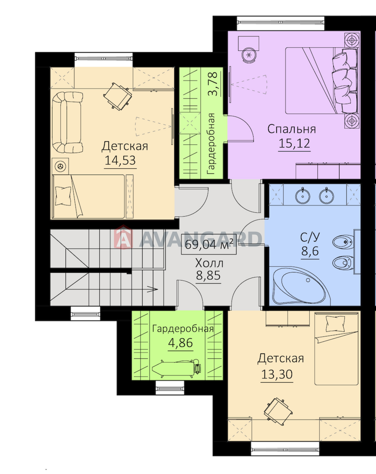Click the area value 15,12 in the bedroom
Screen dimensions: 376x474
(294, 143)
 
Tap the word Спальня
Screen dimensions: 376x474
(291, 129)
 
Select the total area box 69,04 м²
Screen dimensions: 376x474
(209, 244)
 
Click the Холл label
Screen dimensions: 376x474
(209, 263)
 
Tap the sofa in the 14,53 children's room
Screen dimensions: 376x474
(67, 122)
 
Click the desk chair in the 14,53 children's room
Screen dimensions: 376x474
(118, 97)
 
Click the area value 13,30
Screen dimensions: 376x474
(277, 374)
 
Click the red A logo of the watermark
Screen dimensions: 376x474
(123, 237)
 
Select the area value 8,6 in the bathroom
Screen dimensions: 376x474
(310, 251)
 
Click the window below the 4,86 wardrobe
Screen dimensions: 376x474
(170, 388)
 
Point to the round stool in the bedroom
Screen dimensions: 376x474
(249, 55)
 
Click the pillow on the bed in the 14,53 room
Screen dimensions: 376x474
(63, 196)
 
